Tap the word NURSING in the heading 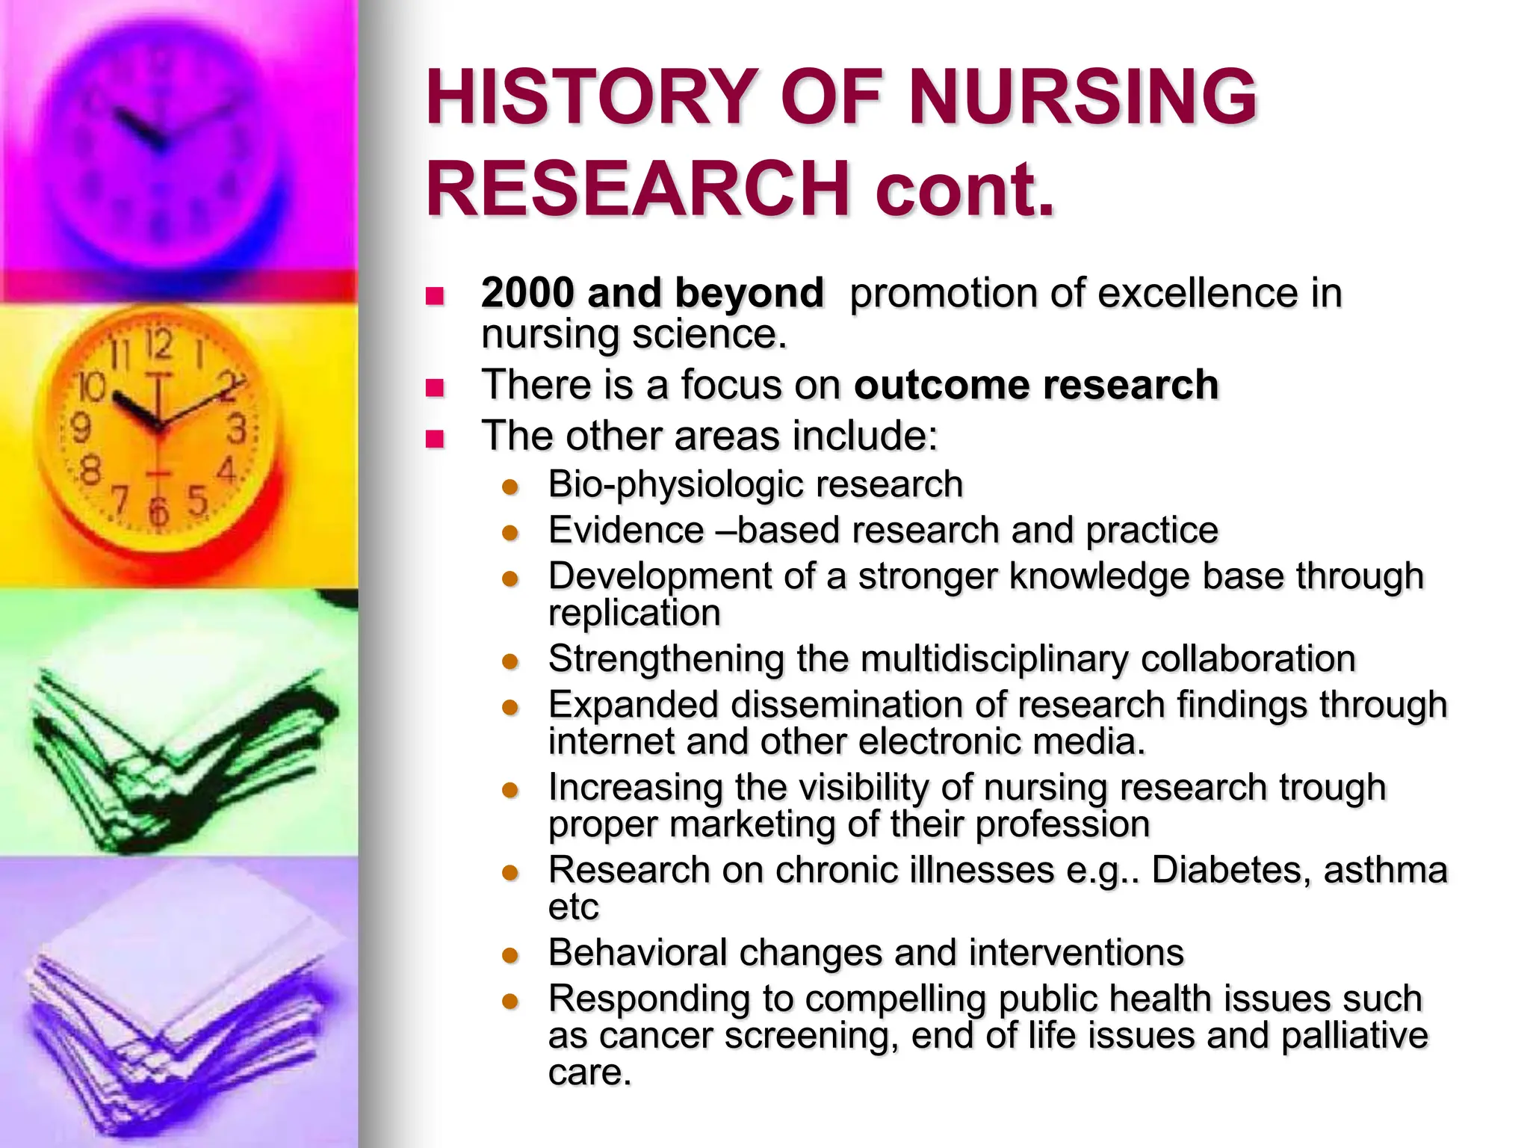(x=1083, y=97)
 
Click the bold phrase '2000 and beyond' (x=652, y=292)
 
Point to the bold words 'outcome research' (x=1035, y=385)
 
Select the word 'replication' (x=634, y=613)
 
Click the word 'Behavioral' (x=637, y=953)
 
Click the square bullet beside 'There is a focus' (x=435, y=387)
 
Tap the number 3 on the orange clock (x=236, y=430)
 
